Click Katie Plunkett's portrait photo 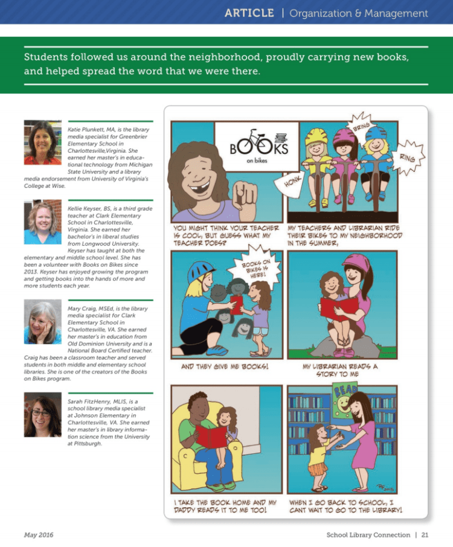click(42, 142)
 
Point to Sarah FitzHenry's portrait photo click(42, 415)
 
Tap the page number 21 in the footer click(425, 534)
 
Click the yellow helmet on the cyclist click(316, 136)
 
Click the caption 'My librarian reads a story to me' click(342, 370)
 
